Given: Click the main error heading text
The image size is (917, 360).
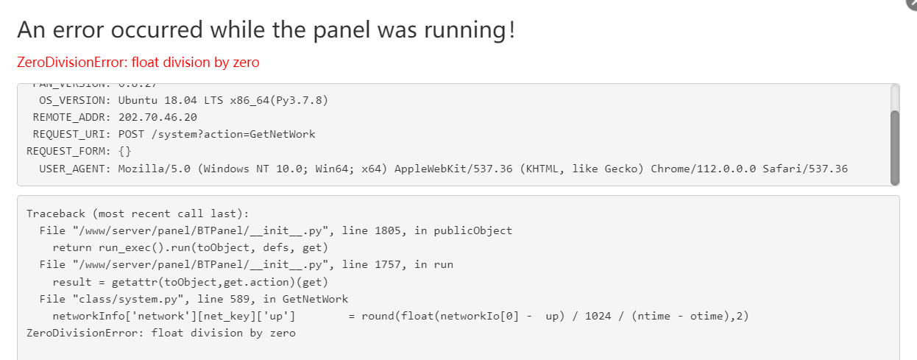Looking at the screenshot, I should coord(266,30).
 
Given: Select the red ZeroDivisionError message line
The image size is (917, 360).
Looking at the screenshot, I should coord(138,63).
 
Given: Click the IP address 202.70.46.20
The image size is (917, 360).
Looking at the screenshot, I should coord(157,117).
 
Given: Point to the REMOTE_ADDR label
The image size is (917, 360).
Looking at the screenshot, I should coord(72,117).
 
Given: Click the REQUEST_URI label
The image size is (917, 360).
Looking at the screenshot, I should coord(72,134).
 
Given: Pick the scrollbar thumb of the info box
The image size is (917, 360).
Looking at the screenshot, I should coord(894,147).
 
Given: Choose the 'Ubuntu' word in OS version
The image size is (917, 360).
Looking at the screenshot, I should coord(138,100).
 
